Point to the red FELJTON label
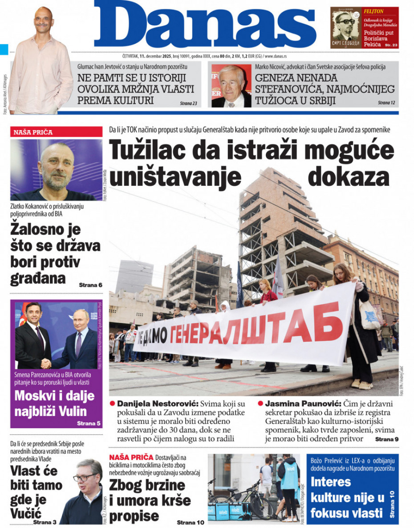(x=374, y=11)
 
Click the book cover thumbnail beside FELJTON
(x=345, y=28)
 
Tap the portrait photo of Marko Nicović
(x=231, y=86)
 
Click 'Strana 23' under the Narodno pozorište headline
(x=188, y=103)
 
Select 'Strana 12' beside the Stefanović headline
(x=386, y=102)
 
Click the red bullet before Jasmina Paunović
(x=260, y=403)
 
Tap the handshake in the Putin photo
(x=46, y=364)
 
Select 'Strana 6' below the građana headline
(x=90, y=285)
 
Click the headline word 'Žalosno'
(x=45, y=230)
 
